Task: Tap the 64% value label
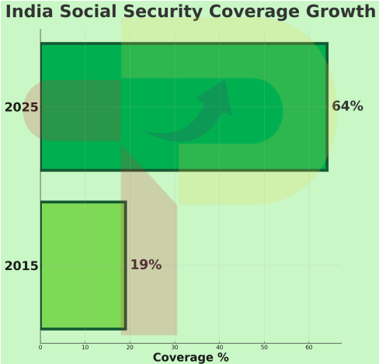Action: [x=347, y=106]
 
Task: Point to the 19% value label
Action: [x=145, y=265]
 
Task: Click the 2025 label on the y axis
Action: [x=21, y=107]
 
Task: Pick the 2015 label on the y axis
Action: [x=21, y=265]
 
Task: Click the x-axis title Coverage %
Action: [x=190, y=357]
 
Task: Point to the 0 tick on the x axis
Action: [x=40, y=347]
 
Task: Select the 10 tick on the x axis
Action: [x=85, y=347]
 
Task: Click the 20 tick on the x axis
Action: [x=130, y=347]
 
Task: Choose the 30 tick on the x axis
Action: [x=175, y=347]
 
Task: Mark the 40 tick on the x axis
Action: [x=220, y=347]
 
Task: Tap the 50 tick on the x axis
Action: [x=265, y=347]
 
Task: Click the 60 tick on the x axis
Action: [x=309, y=347]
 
